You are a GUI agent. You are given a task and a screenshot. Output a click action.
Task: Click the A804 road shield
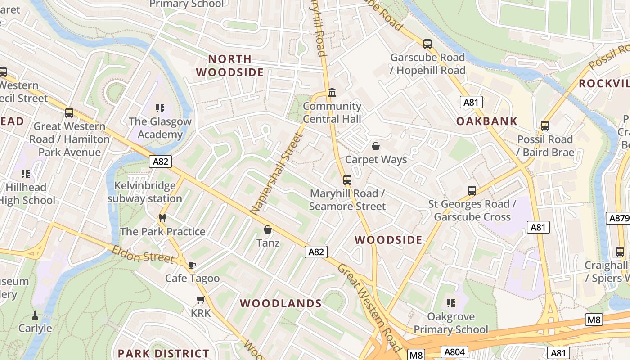click(455, 351)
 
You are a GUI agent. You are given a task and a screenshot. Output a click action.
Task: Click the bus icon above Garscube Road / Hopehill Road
click(427, 44)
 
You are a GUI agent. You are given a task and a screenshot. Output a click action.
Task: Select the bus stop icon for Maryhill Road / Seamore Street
click(347, 180)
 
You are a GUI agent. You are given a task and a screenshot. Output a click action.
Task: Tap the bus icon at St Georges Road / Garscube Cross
click(472, 191)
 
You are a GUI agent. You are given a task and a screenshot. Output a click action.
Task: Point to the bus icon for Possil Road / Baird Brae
click(545, 126)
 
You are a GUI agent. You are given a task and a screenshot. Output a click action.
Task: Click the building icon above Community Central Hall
click(332, 93)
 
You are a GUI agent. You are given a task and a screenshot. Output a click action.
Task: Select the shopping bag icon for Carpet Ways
click(376, 146)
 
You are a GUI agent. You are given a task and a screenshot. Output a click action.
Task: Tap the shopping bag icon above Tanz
click(268, 230)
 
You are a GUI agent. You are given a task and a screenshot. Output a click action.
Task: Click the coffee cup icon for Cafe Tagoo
click(192, 265)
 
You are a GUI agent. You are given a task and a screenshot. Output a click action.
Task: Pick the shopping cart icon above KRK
click(200, 300)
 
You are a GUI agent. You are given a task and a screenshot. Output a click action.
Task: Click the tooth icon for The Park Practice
click(162, 218)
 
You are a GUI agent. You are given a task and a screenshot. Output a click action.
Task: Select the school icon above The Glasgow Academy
click(160, 108)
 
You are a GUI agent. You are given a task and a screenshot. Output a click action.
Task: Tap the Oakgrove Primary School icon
click(450, 303)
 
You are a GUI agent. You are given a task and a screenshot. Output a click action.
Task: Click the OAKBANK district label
click(486, 121)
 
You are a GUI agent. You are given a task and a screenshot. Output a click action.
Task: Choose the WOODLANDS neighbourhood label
click(281, 303)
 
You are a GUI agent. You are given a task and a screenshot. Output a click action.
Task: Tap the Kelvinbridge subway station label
click(145, 192)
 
